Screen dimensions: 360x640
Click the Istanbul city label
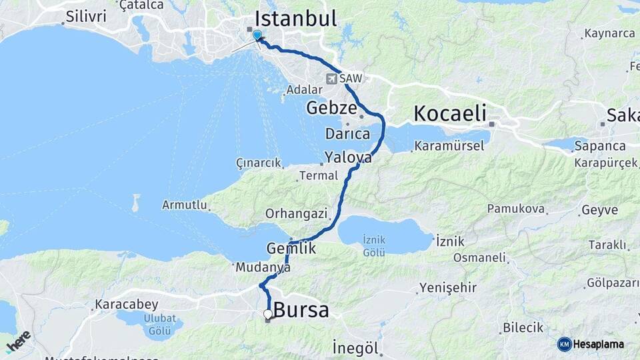[x=295, y=19]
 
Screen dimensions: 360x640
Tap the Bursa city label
[x=301, y=310]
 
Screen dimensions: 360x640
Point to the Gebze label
[x=331, y=107]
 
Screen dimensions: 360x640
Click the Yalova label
[x=348, y=158]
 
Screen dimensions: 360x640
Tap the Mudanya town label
[x=263, y=267]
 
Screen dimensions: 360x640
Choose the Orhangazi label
[x=296, y=214]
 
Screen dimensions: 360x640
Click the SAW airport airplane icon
[x=331, y=79]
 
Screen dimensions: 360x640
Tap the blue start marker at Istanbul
[x=257, y=35]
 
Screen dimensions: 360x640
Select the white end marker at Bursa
[x=267, y=314]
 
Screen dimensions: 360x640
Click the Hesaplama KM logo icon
[x=565, y=344]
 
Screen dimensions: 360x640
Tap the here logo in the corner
[x=19, y=341]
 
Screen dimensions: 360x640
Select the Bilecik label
[x=523, y=328]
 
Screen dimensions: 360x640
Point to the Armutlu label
[x=185, y=205]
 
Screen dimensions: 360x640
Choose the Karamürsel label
[x=449, y=145]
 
